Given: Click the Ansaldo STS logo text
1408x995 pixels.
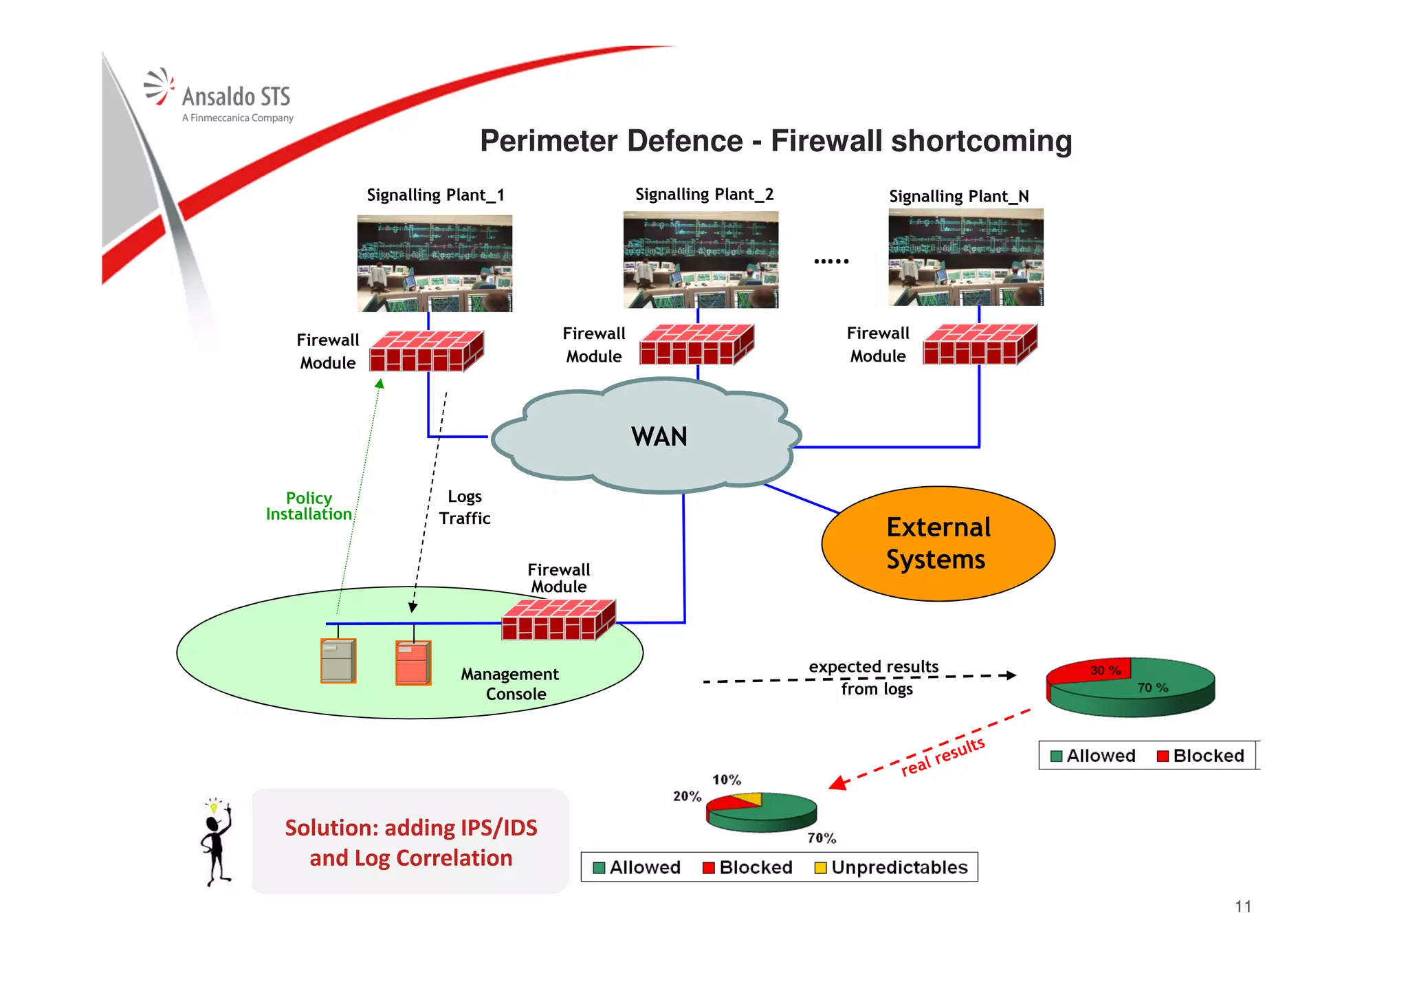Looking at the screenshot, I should (x=236, y=97).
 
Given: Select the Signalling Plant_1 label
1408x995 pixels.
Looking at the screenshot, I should (x=435, y=195).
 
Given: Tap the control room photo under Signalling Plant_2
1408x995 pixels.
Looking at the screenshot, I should (x=701, y=260).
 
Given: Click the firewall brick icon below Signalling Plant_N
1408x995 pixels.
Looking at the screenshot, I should (x=980, y=344).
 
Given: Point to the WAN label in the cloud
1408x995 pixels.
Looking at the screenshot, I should (x=659, y=437).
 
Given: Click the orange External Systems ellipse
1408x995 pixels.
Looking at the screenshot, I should (x=938, y=543).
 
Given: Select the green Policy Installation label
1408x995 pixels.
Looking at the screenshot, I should (x=309, y=506).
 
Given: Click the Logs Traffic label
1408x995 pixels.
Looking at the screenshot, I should (x=465, y=507).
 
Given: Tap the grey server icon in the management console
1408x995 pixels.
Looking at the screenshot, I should (x=338, y=661).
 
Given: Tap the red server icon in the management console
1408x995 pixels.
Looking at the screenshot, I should (x=413, y=663).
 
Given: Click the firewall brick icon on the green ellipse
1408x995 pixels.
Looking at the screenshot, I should (x=558, y=620).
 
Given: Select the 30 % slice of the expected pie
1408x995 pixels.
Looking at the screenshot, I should (x=1093, y=670).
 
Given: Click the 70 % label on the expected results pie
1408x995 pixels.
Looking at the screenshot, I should (x=1152, y=688).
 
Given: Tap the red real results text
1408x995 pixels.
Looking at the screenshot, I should (x=943, y=756).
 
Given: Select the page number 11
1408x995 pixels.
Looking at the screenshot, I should (x=1242, y=907).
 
